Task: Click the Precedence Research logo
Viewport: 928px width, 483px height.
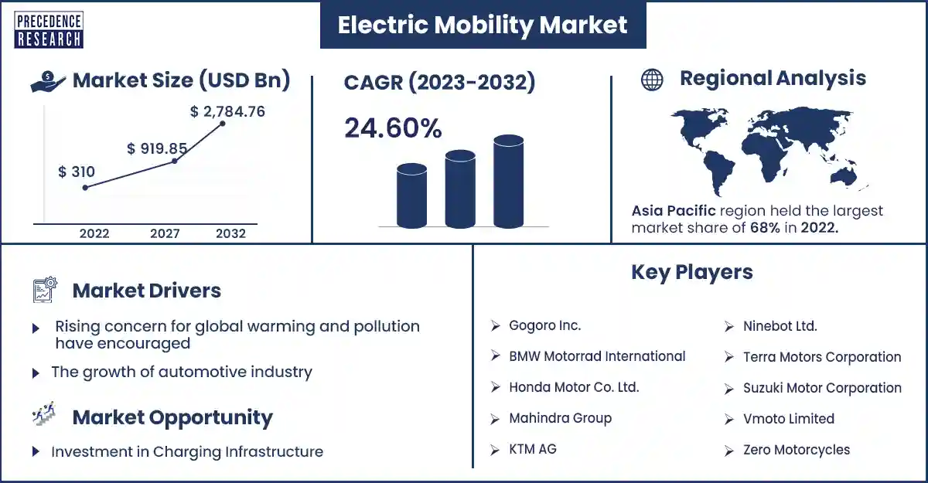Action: click(49, 30)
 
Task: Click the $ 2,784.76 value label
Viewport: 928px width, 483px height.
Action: click(227, 111)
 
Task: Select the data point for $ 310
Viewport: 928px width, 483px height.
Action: click(85, 188)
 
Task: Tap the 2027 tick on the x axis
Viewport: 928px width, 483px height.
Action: click(165, 233)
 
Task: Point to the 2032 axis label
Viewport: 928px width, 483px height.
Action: click(230, 233)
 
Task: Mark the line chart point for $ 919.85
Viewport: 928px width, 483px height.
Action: click(175, 161)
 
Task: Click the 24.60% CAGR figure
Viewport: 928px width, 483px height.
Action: click(393, 128)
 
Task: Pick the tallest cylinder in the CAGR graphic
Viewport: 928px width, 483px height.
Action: click(508, 182)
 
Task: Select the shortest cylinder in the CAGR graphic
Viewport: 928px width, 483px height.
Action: click(411, 196)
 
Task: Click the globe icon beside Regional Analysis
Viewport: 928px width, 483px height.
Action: click(652, 80)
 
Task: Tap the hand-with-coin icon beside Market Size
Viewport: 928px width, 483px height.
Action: click(48, 81)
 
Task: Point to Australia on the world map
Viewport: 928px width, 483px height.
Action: click(844, 177)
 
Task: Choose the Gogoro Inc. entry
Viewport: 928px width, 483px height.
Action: click(544, 325)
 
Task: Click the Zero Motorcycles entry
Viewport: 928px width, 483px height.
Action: click(797, 450)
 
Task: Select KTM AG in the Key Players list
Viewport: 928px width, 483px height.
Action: click(532, 449)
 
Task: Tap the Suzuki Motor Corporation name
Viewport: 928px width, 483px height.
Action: click(822, 388)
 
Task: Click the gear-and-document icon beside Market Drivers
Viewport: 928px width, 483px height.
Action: click(45, 289)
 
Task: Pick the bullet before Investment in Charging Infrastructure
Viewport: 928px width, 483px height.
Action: click(36, 451)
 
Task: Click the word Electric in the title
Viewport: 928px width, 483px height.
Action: click(383, 25)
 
